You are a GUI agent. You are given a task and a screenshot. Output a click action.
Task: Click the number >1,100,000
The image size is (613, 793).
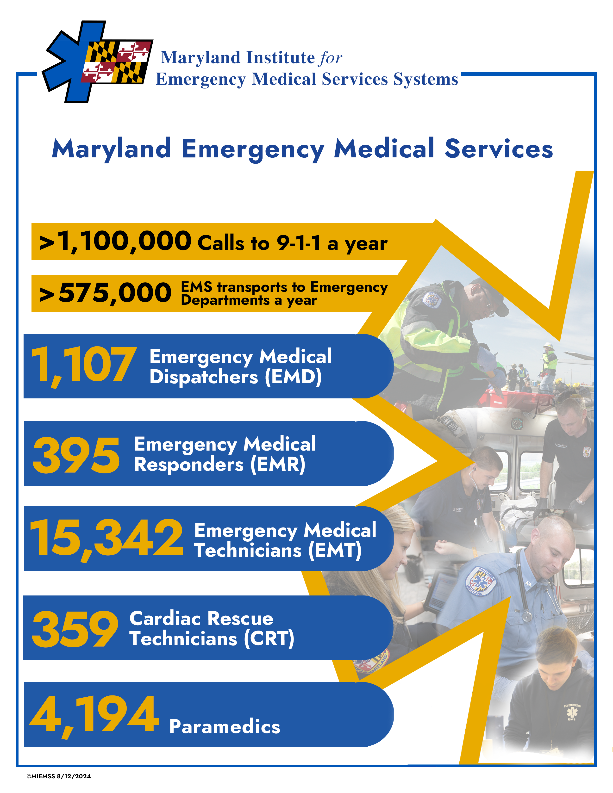(115, 242)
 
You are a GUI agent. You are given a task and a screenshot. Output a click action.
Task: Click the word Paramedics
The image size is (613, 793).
(225, 726)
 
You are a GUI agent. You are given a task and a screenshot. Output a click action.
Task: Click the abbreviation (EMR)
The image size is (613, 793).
(278, 465)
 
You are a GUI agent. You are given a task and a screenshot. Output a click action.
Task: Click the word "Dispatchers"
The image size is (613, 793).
(204, 377)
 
